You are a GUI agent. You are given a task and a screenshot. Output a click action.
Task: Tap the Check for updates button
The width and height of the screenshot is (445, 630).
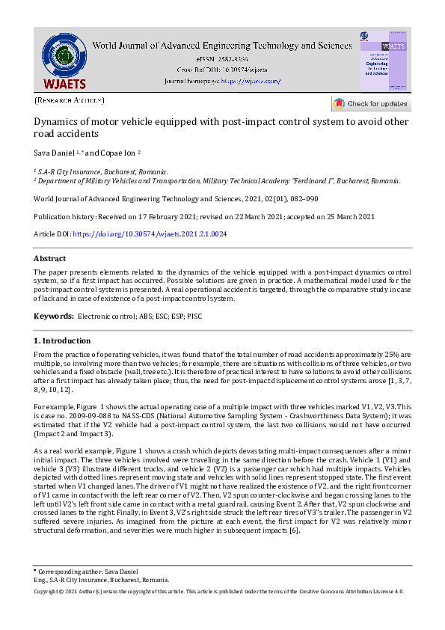pyautogui.click(x=371, y=103)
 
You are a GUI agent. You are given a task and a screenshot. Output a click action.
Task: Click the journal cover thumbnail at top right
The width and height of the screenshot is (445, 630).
pyautogui.click(x=384, y=61)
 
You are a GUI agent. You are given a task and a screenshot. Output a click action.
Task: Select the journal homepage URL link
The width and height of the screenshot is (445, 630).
pyautogui.click(x=251, y=80)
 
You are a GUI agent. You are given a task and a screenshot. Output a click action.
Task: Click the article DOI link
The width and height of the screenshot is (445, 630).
pyautogui.click(x=150, y=234)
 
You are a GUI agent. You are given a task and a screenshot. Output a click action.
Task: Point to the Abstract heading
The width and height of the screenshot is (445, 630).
pyautogui.click(x=50, y=258)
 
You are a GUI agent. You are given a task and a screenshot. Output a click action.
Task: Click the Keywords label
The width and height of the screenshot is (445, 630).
pyautogui.click(x=54, y=316)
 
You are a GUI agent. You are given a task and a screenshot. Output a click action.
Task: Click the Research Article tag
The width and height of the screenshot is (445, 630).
pyautogui.click(x=70, y=100)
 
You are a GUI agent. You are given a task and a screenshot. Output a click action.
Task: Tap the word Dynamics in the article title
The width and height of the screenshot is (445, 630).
pyautogui.click(x=58, y=121)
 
